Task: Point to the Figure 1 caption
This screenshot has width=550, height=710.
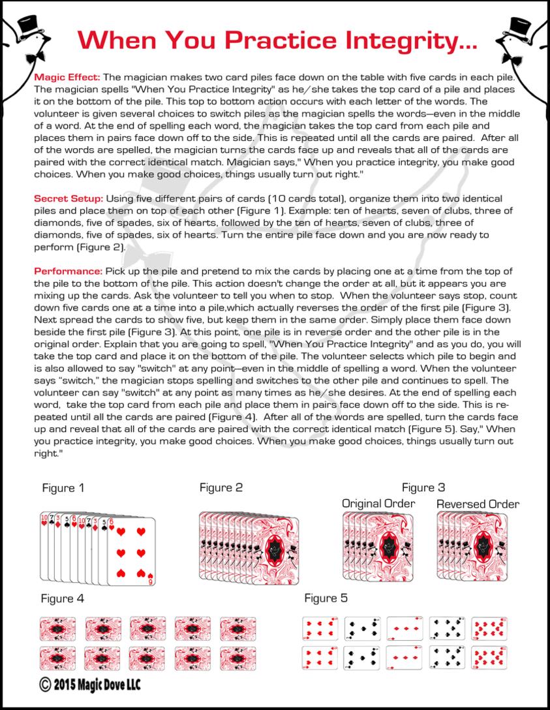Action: pos(63,487)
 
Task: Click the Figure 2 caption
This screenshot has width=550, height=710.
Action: pos(221,487)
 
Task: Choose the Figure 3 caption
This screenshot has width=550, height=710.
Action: pos(423,487)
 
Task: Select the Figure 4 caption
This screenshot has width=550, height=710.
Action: pos(63,598)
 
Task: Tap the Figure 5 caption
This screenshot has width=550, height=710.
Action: pos(326,598)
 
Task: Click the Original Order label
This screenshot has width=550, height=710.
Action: pos(378,504)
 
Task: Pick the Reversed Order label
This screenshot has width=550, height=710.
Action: pos(478,504)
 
